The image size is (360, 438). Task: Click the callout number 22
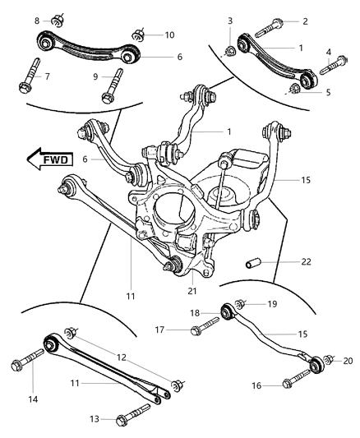(x=284, y=261)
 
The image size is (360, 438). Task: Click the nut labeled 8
(x=60, y=20)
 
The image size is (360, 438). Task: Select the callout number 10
(x=169, y=35)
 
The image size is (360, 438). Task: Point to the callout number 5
(x=327, y=92)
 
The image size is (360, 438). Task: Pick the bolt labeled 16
(x=293, y=382)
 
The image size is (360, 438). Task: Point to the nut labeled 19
(x=241, y=303)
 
